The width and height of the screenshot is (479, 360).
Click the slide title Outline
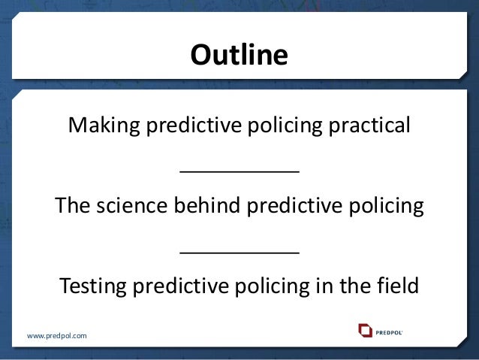[x=239, y=56]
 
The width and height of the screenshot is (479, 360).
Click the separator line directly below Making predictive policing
[x=239, y=171]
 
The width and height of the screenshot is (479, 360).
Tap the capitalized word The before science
[x=73, y=205]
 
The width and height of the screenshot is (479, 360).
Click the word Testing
[x=92, y=287]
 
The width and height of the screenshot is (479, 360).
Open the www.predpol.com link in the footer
[x=57, y=335]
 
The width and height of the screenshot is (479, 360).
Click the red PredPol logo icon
[x=366, y=330]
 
